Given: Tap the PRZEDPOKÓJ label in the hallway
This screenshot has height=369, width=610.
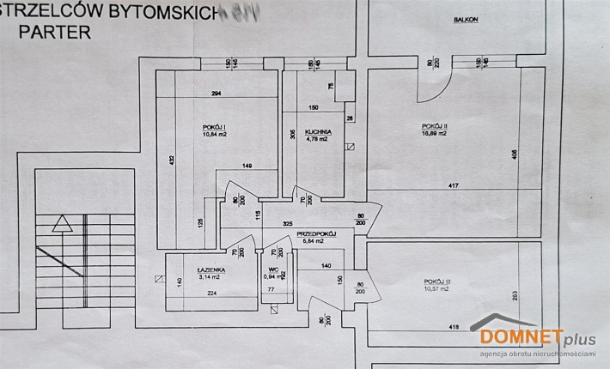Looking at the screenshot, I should pos(314,233).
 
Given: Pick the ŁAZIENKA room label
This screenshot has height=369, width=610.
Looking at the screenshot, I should pos(209,269).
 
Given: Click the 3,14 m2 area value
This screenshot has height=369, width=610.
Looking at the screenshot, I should pos(209,277).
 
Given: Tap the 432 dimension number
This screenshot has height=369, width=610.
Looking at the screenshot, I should pos(172,160).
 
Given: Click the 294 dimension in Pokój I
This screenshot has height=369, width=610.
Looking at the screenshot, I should pos(217,94).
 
